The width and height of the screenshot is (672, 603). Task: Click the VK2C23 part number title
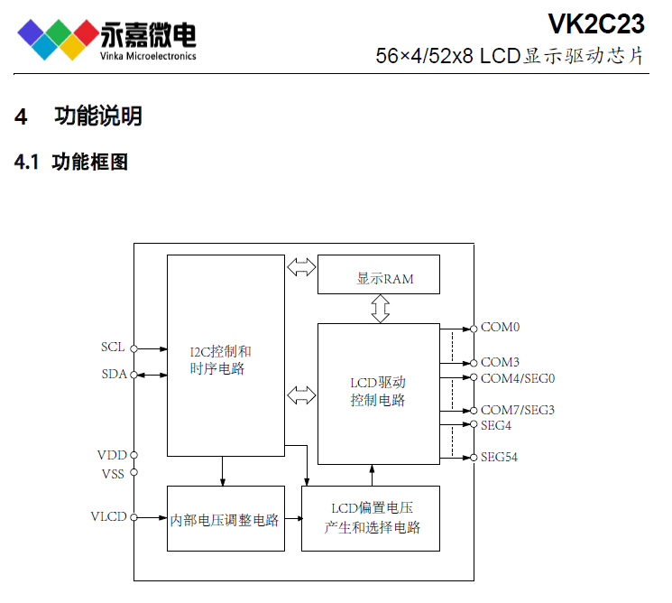[x=595, y=22]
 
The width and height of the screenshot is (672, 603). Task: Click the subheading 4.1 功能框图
[x=71, y=162]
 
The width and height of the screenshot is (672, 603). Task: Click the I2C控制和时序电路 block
[x=226, y=356]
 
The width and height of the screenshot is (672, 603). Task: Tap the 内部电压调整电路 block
[x=226, y=518]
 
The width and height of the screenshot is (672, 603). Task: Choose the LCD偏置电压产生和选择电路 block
[x=371, y=518]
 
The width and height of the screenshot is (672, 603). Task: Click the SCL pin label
[x=113, y=347]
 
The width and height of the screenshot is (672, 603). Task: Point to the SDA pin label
[x=113, y=374]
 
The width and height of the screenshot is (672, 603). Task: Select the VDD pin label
[x=112, y=455]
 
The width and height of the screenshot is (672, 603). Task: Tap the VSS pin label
[x=113, y=472]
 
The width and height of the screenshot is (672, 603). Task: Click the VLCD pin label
[x=109, y=517]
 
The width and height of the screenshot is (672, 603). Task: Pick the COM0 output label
[x=500, y=328]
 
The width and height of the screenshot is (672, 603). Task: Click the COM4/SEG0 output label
[x=517, y=377]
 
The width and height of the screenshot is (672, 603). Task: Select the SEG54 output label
[x=499, y=457]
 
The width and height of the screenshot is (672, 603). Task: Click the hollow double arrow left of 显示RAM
[x=301, y=267]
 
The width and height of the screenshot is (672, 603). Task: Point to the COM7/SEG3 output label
[x=517, y=410]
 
